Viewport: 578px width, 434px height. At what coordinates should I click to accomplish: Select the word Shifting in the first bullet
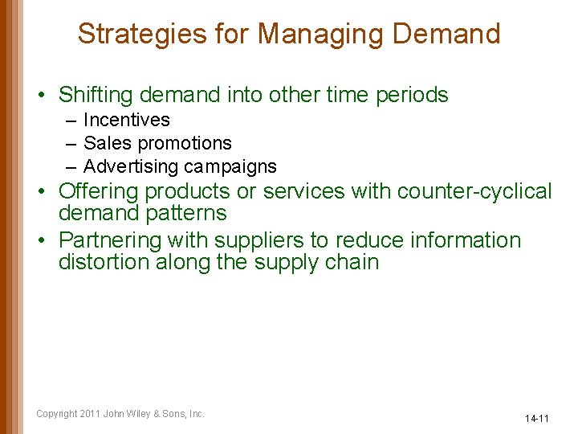(96, 95)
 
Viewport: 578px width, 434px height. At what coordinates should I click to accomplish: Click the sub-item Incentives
(127, 120)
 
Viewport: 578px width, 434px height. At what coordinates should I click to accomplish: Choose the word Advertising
(131, 166)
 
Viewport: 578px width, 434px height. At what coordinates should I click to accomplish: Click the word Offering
(98, 191)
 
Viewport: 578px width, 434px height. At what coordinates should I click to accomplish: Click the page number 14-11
(536, 419)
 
